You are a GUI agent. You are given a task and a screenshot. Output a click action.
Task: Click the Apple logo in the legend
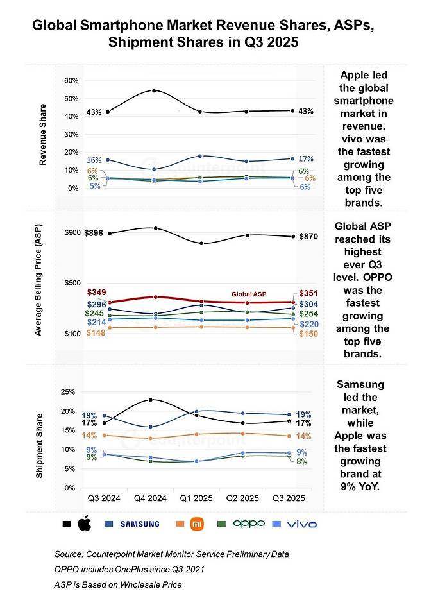85,524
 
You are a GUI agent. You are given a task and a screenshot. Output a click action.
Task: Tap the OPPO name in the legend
248,524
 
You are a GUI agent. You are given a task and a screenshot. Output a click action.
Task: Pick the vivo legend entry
300,524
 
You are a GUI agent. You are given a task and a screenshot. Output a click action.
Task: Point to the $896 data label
94,234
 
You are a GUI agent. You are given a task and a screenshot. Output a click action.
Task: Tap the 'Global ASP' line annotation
249,294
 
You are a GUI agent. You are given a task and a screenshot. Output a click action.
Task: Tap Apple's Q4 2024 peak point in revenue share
154,90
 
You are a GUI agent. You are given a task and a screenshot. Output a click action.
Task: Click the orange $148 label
96,332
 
